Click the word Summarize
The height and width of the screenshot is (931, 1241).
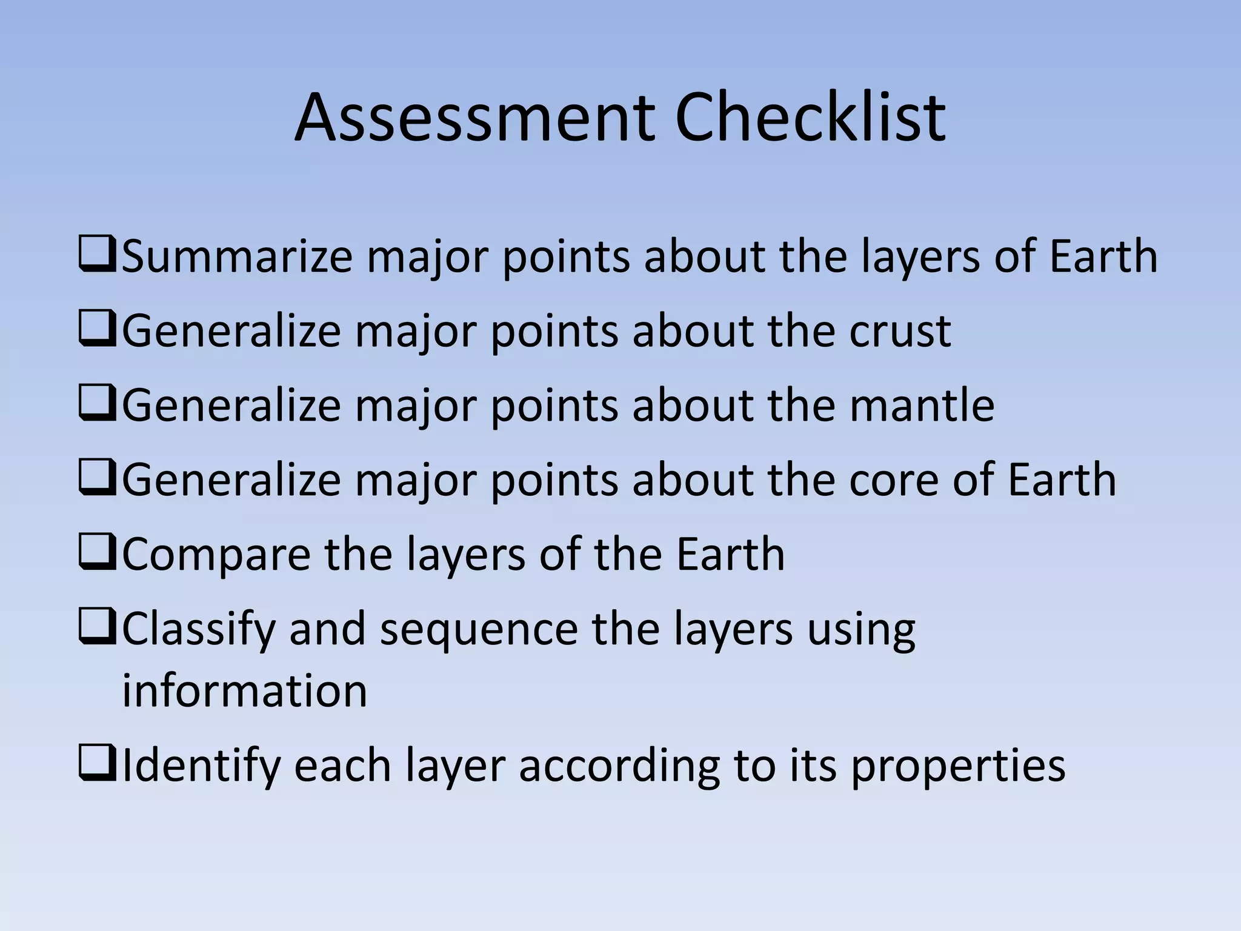(237, 256)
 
